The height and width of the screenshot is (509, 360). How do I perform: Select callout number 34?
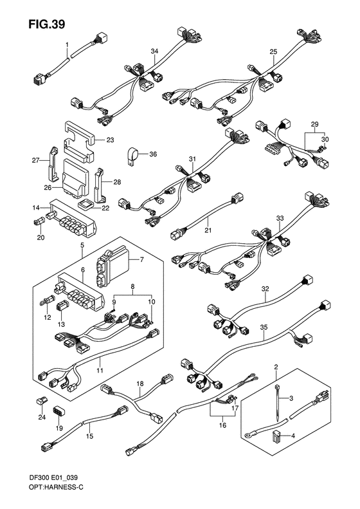(x=154, y=51)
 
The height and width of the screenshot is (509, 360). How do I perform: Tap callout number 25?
(x=273, y=51)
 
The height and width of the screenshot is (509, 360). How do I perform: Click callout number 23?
(x=109, y=139)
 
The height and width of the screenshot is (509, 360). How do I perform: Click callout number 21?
(x=208, y=230)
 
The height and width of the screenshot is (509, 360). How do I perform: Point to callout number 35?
(x=263, y=328)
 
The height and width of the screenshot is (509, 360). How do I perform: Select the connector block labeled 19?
(x=59, y=411)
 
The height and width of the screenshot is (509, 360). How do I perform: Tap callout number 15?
(x=89, y=436)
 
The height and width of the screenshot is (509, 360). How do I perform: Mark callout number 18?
(x=139, y=384)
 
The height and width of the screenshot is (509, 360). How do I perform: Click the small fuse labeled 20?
(x=37, y=223)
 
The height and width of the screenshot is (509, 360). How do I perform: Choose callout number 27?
(x=36, y=162)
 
